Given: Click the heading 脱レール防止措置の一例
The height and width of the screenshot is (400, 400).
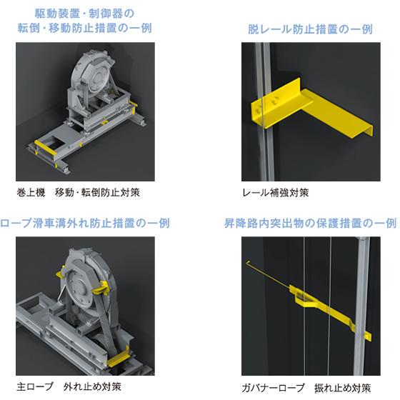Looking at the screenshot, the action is click(310, 29).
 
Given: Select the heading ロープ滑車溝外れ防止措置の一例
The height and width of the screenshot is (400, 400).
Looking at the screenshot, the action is click(85, 223).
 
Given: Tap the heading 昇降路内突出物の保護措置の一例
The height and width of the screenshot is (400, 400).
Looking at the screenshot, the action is click(311, 223).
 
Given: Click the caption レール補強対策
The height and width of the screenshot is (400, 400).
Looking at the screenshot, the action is click(276, 193).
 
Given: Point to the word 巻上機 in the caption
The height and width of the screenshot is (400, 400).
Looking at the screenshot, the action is click(31, 192).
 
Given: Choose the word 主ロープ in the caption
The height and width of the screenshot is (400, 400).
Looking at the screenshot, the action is click(35, 386).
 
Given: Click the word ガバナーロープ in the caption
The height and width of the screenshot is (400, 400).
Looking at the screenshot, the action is click(273, 388).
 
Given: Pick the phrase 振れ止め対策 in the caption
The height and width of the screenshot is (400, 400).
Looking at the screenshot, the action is click(342, 388).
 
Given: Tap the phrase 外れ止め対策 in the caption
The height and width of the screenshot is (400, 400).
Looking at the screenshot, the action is click(92, 386).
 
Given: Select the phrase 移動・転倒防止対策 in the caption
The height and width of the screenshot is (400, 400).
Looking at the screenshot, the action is click(97, 192).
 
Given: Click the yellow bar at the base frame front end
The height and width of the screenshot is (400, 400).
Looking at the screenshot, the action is click(46, 147).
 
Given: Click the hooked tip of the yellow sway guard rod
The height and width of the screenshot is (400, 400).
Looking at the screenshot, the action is click(248, 262).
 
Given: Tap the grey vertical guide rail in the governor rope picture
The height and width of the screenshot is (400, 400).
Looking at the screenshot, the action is click(362, 306).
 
